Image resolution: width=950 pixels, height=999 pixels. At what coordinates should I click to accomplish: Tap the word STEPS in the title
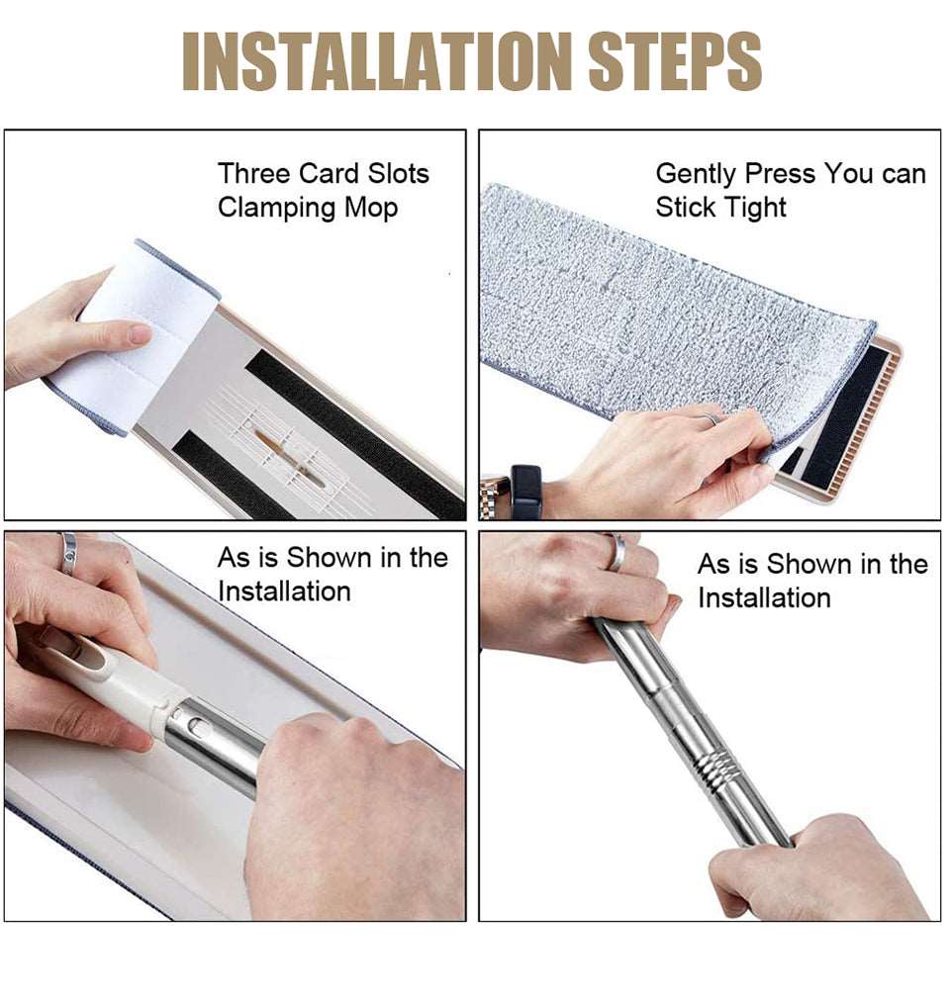676,61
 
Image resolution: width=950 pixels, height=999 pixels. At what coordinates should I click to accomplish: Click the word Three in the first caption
253,173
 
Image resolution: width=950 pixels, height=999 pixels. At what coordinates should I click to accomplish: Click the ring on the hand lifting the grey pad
710,418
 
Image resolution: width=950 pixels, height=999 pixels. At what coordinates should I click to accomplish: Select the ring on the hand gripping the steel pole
616,552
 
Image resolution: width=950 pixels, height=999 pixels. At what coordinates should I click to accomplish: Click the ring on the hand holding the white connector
68,552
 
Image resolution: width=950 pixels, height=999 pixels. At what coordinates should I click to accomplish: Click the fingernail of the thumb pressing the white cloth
139,334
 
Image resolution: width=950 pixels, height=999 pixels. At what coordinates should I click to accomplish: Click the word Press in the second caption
780,173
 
